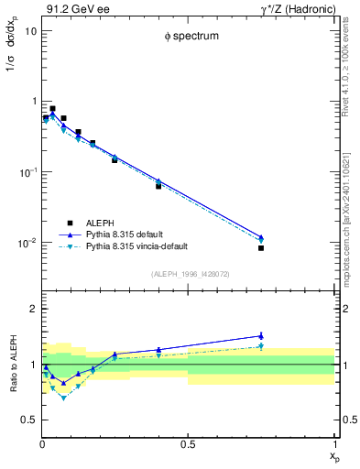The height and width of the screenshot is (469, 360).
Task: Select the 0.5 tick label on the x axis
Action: (x=188, y=444)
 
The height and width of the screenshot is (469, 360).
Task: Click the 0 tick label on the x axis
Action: (x=42, y=444)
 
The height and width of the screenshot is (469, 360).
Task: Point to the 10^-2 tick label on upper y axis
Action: (x=27, y=243)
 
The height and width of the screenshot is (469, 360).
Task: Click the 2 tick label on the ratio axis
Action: (x=33, y=309)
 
